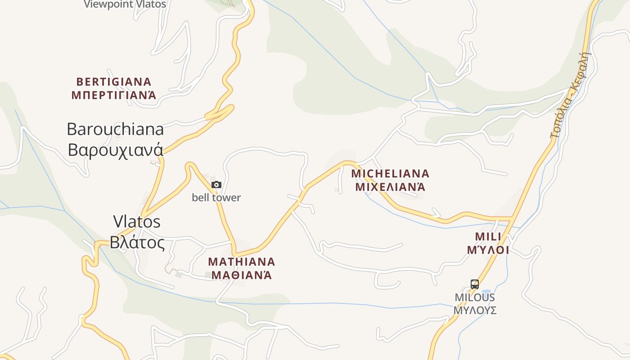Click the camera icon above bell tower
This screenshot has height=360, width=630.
(216, 184)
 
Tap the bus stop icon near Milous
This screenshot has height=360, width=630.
(475, 284)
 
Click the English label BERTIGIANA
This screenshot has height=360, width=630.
(114, 82)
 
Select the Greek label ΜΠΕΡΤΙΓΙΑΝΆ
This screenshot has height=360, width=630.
(114, 95)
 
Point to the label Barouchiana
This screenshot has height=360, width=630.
(115, 130)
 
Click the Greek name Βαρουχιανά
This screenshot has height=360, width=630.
(115, 149)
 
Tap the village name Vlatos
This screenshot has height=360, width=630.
(137, 221)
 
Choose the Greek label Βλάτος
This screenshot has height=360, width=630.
(137, 242)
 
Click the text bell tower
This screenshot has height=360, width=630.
(216, 198)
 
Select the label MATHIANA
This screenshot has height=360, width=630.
(242, 262)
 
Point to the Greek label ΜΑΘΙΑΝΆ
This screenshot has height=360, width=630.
(242, 275)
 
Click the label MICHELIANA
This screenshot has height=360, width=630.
(390, 174)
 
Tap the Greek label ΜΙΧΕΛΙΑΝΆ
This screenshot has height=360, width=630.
(390, 187)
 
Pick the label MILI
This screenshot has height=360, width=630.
(488, 237)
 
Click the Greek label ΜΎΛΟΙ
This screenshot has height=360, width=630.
(488, 250)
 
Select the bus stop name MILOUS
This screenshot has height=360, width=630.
(475, 297)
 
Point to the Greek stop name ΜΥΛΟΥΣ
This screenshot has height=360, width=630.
(475, 310)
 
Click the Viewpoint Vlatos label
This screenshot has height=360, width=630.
(125, 4)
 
